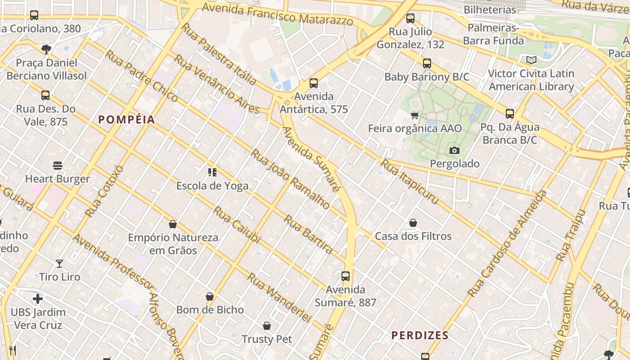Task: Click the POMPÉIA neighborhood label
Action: click(x=126, y=120)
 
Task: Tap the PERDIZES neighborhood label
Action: click(x=420, y=335)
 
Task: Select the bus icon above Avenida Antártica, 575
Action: click(x=314, y=83)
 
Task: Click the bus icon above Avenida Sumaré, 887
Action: click(x=346, y=276)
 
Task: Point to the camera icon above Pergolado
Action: click(x=454, y=150)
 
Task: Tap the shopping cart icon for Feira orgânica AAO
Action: click(x=414, y=116)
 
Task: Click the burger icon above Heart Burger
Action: click(x=58, y=166)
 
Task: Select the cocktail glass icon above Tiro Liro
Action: click(x=59, y=264)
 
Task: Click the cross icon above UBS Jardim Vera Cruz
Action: click(x=38, y=299)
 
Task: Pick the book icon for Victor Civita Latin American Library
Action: click(x=531, y=60)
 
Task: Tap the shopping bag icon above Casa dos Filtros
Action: click(x=413, y=223)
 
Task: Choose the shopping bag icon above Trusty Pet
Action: click(x=267, y=326)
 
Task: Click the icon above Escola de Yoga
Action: click(x=212, y=172)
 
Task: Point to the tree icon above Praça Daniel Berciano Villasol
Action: click(x=46, y=49)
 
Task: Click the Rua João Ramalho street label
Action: click(x=290, y=179)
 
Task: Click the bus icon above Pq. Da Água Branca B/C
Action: click(x=509, y=114)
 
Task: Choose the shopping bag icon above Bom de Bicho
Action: click(x=210, y=297)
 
